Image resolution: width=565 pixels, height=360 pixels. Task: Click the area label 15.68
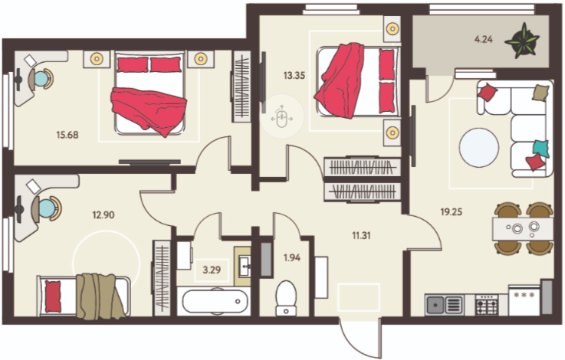click(x=67, y=135)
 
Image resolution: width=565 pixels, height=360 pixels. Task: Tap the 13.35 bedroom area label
click(x=294, y=76)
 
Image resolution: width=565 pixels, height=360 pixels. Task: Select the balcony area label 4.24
click(x=483, y=39)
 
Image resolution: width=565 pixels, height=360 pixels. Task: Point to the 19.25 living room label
click(x=451, y=212)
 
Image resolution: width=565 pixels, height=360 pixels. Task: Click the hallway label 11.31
click(x=361, y=236)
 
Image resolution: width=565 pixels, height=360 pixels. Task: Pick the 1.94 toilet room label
click(x=292, y=258)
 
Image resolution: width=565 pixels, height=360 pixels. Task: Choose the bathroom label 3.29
click(x=212, y=270)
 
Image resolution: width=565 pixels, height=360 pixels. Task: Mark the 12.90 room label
click(x=103, y=215)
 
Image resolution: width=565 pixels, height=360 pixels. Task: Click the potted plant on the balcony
click(x=522, y=40)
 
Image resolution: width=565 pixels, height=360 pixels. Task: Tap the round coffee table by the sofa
click(x=479, y=148)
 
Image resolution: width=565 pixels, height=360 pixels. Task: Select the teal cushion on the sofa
click(x=541, y=148)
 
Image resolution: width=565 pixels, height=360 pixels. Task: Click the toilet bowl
click(x=286, y=298)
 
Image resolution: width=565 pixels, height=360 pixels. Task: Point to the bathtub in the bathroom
click(x=215, y=302)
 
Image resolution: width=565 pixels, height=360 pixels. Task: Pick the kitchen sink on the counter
click(x=445, y=306)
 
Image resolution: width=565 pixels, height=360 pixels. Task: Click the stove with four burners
click(x=487, y=305)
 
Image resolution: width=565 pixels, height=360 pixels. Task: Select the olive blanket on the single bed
click(x=99, y=296)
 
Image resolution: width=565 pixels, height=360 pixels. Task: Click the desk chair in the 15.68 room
click(x=42, y=79)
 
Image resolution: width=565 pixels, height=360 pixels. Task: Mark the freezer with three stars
click(x=524, y=300)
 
